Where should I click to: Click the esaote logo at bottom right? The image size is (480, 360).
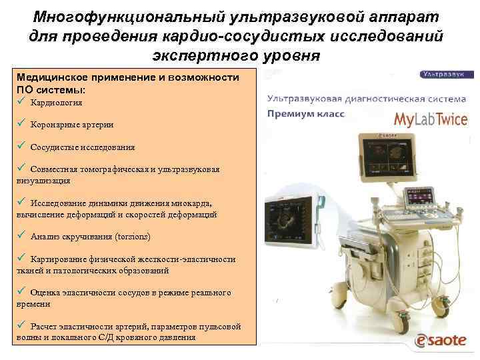coord(442,340)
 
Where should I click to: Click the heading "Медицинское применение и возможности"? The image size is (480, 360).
coord(127,77)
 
